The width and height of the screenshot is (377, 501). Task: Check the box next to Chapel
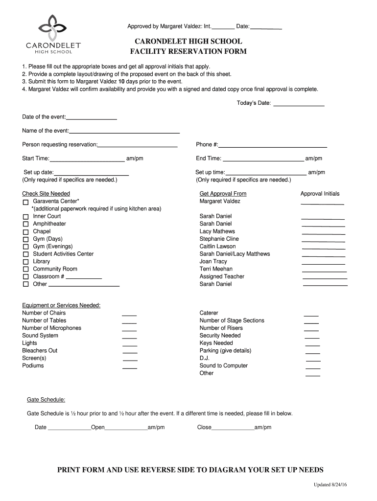[x=25, y=231]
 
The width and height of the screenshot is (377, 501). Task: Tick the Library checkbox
[x=25, y=262]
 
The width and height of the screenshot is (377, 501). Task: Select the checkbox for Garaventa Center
[x=25, y=202]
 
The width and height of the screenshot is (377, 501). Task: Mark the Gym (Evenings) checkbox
[x=25, y=247]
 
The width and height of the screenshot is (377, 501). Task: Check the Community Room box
[x=25, y=269]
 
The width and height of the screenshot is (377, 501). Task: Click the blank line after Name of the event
[x=124, y=132]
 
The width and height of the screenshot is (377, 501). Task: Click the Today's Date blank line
[x=298, y=104]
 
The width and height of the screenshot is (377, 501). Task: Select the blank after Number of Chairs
[x=129, y=315]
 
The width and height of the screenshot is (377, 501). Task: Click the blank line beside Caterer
[x=311, y=315]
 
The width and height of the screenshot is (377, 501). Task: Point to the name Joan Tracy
[x=213, y=261]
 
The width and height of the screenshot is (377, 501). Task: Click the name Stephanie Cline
[x=219, y=239]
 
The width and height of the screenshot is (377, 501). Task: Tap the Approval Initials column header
[x=320, y=194]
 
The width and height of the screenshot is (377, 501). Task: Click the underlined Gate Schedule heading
[x=46, y=399]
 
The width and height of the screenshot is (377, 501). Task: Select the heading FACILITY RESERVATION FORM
[x=188, y=51]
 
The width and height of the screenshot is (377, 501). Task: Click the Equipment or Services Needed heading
[x=61, y=305]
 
